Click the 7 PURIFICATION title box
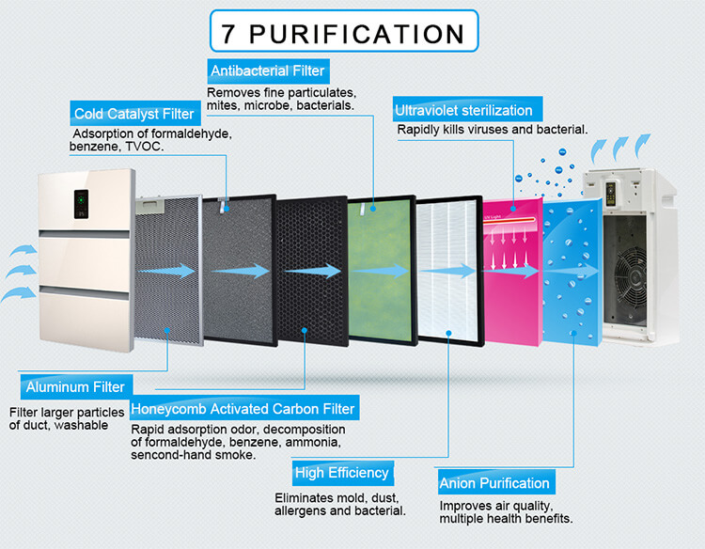(344, 31)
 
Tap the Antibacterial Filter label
(269, 71)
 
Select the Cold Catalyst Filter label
(134, 114)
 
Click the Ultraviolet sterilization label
(467, 109)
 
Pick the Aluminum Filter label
(76, 386)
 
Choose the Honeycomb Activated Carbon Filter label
(244, 408)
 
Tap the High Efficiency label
(342, 473)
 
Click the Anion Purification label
(496, 482)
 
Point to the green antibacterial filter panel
(382, 270)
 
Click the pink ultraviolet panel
(512, 272)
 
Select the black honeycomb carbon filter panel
(312, 271)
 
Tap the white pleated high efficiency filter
(449, 271)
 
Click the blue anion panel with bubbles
(572, 272)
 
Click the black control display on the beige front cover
(81, 204)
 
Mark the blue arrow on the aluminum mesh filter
(167, 271)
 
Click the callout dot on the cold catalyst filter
(227, 209)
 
